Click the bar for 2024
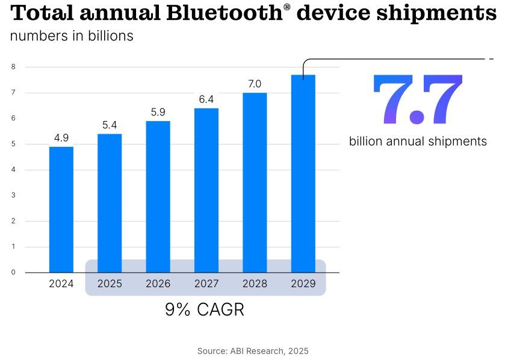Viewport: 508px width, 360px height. [x=61, y=209]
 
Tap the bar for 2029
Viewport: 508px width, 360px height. [x=303, y=173]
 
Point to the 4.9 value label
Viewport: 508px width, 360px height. [x=61, y=138]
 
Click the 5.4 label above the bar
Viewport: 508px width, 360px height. [x=110, y=125]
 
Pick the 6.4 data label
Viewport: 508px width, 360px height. [x=206, y=99]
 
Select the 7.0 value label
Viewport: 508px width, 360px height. [x=255, y=84]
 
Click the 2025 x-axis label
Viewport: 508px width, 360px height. [x=110, y=284]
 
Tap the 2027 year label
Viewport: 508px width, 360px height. [x=206, y=284]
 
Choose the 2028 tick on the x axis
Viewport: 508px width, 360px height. [x=255, y=284]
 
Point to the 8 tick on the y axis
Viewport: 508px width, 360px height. [x=13, y=67]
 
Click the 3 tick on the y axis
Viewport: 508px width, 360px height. [x=13, y=195]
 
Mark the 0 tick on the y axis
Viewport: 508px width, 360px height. [x=13, y=272]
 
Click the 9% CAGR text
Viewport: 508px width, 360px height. [x=205, y=310]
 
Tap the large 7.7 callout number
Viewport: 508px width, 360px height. [x=418, y=100]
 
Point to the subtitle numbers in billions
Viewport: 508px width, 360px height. [x=72, y=36]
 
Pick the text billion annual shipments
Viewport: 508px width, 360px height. [x=418, y=141]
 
